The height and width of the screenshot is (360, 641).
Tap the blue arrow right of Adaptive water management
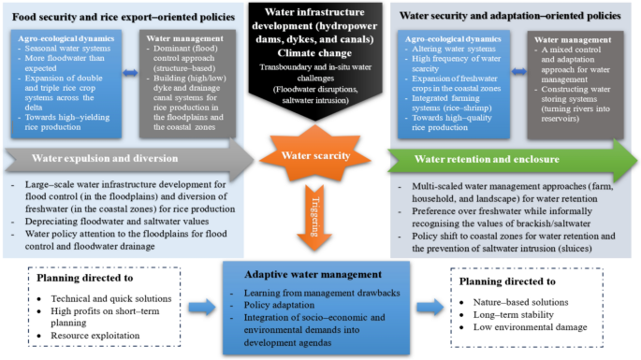[426, 307]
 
